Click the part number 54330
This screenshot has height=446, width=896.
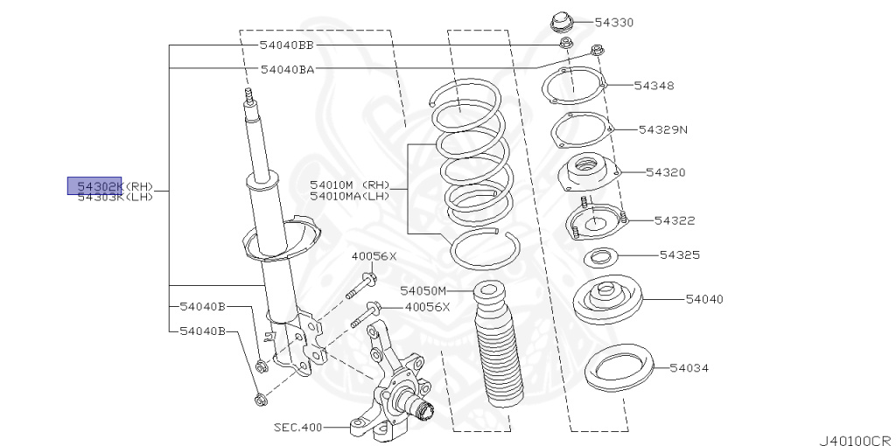(613, 22)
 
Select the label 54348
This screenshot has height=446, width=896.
(654, 86)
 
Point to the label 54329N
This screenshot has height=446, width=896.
(662, 129)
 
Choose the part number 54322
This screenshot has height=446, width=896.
(675, 220)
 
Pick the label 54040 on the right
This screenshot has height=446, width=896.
(704, 299)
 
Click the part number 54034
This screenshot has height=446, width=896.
(692, 368)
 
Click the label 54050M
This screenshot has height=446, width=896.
(423, 290)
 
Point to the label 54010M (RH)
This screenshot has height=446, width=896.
(350, 185)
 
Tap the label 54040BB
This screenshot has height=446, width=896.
(286, 45)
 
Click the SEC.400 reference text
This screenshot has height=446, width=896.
(297, 428)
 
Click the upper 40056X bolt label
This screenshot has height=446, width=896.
(374, 256)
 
